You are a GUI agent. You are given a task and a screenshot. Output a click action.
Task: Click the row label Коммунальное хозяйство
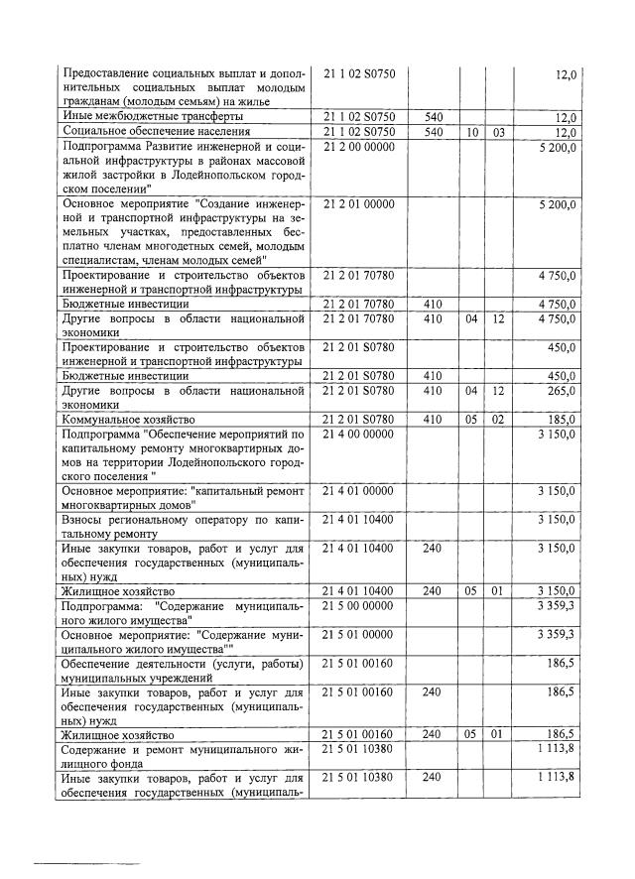127,420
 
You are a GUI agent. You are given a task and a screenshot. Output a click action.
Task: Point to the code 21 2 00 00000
359,146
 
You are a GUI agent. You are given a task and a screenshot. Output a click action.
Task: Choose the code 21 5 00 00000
359,604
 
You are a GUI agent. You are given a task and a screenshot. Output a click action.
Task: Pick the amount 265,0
561,391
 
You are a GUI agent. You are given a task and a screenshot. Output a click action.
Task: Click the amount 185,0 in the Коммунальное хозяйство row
561,420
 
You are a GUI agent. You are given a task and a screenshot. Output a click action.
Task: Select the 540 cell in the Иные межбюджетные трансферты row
433,116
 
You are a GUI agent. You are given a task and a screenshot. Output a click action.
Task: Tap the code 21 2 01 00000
359,203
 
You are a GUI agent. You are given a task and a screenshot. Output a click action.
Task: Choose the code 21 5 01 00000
359,633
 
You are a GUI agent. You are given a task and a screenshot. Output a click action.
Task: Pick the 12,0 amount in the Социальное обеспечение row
566,131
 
